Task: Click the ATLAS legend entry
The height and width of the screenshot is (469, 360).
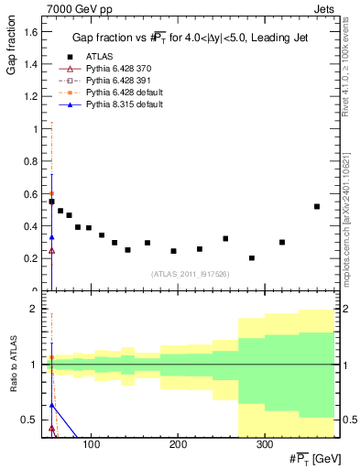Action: pos(99,56)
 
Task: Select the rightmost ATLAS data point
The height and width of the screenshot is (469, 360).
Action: pos(317,207)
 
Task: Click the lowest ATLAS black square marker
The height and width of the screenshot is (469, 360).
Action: pos(252,258)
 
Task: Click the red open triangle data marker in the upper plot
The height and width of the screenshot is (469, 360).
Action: pos(51,250)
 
